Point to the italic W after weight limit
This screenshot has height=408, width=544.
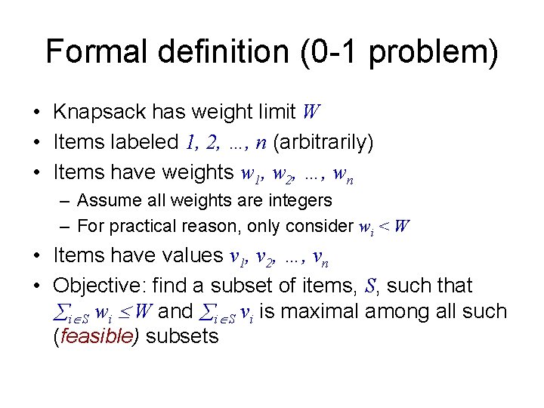(311, 113)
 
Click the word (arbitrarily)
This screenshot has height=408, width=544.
(324, 142)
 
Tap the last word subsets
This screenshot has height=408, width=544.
(181, 336)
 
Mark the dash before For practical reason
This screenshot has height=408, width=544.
(66, 226)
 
